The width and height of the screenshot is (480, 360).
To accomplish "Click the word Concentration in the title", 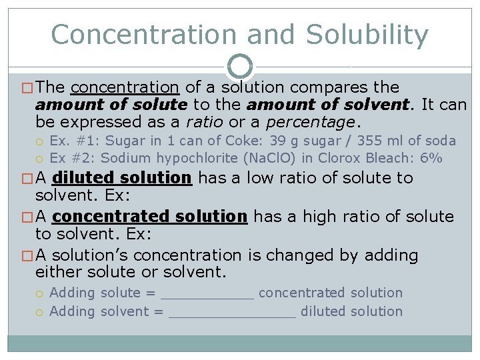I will [144, 35].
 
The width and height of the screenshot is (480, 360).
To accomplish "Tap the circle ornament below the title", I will [240, 66].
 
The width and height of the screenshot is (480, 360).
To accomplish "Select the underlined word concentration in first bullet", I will [125, 87].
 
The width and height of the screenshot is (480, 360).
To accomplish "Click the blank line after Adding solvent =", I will [232, 313].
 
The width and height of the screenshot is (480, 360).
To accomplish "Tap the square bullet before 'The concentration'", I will [28, 88].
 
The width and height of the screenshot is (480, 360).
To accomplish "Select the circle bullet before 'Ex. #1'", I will [41, 141].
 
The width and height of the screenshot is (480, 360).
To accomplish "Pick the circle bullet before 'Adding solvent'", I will [41, 312].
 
